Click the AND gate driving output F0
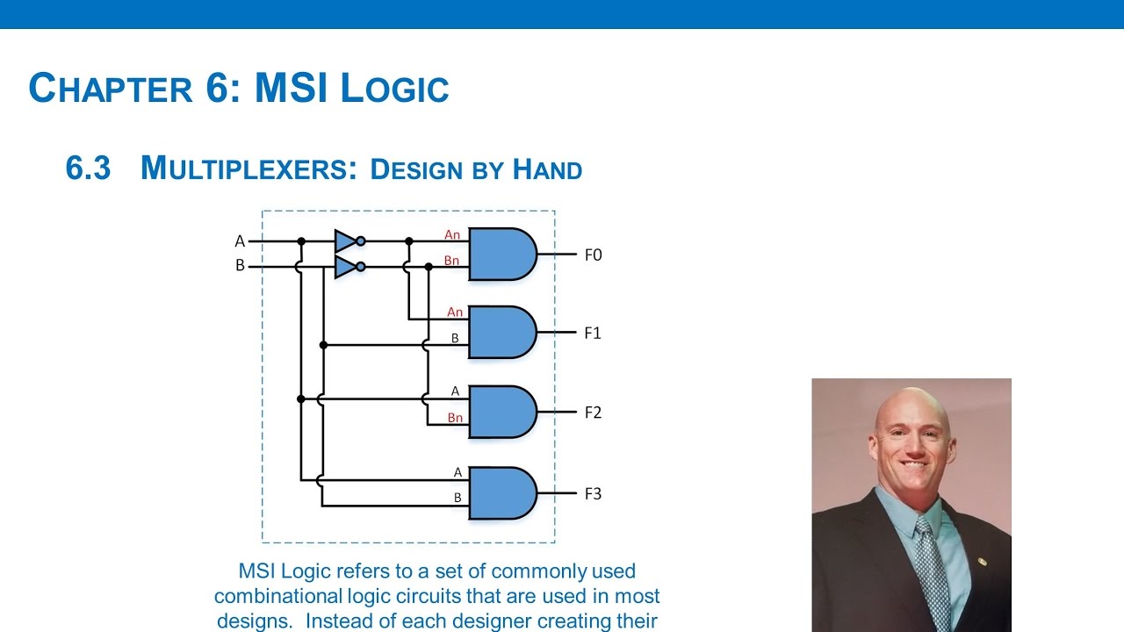pos(501,254)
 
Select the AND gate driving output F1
pos(501,333)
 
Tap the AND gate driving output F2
pos(501,412)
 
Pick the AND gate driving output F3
pos(501,493)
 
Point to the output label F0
pos(593,255)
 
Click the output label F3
pos(593,493)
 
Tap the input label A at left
pos(240,241)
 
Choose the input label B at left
pos(240,266)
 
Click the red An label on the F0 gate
pos(452,234)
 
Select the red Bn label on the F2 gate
pos(454,418)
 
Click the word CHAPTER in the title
pos(111,89)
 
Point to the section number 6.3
pos(88,168)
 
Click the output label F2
pos(593,413)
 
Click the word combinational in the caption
pos(276,596)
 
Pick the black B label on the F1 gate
pos(455,338)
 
